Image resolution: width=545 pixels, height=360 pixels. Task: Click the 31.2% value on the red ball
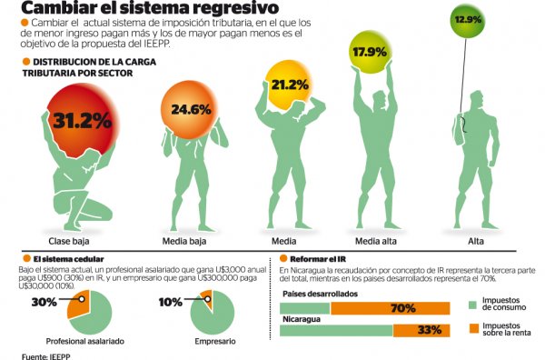tap(83, 121)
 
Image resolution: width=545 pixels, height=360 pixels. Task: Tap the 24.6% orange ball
tap(190, 110)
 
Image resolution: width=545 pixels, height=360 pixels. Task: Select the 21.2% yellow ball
tap(288, 85)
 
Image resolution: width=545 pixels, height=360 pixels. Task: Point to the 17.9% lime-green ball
tap(371, 52)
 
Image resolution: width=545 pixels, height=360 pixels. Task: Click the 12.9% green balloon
tap(468, 20)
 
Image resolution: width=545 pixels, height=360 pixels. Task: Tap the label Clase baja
tap(69, 241)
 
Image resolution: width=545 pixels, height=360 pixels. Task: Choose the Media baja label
tap(184, 241)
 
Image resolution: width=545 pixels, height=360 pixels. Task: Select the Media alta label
tap(376, 241)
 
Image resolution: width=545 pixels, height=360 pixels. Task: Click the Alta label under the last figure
tap(475, 241)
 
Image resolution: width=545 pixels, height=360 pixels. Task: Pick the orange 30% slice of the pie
tap(77, 306)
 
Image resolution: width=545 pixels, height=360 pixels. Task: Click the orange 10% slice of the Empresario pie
tap(207, 296)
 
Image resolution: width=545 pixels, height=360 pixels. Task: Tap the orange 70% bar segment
tap(390, 308)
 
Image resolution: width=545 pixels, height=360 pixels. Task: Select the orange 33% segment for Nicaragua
tap(421, 330)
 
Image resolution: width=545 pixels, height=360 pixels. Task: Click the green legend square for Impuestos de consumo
tap(472, 305)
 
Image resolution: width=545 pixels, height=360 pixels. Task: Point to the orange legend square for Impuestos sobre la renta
tap(472, 328)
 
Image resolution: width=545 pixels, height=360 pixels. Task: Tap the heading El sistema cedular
tap(68, 259)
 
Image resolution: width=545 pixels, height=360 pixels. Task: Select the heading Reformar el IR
tap(318, 259)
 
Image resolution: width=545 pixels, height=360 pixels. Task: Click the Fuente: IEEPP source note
tap(45, 356)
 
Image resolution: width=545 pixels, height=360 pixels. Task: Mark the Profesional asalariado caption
tap(85, 341)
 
